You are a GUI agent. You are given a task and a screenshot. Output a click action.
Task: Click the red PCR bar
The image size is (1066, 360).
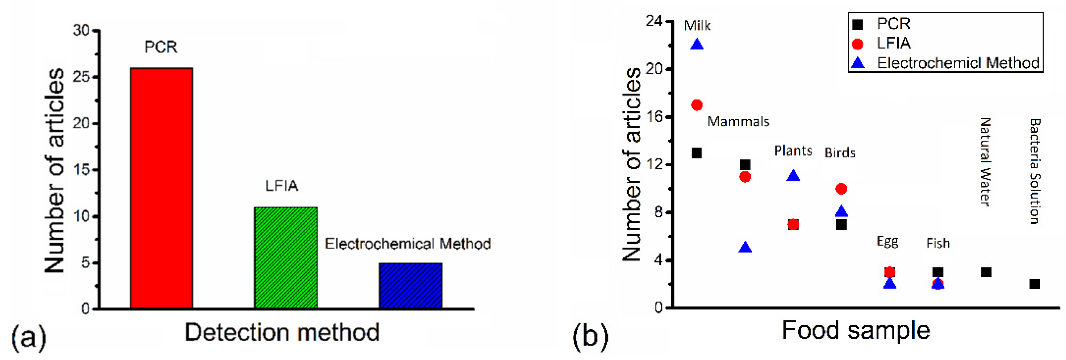pyautogui.click(x=161, y=188)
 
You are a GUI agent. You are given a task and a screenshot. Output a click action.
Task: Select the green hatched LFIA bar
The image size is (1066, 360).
pyautogui.click(x=286, y=257)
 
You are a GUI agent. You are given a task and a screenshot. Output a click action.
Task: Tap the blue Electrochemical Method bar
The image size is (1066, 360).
pyautogui.click(x=410, y=285)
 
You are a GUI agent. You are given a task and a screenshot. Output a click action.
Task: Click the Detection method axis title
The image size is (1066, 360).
pyautogui.click(x=282, y=332)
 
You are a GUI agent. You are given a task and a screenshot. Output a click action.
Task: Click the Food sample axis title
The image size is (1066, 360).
pyautogui.click(x=856, y=330)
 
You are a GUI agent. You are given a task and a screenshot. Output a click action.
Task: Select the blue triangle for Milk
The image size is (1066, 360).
pyautogui.click(x=697, y=44)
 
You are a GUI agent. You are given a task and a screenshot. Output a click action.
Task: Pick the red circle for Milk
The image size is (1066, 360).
pyautogui.click(x=697, y=105)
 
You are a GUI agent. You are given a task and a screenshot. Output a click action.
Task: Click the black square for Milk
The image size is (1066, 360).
pyautogui.click(x=697, y=153)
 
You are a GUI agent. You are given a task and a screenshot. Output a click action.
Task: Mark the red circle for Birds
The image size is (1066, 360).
pyautogui.click(x=841, y=189)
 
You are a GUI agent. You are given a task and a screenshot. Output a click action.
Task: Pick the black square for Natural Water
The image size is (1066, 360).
pyautogui.click(x=986, y=272)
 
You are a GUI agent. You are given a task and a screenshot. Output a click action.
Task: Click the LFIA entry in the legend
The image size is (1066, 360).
pyautogui.click(x=894, y=43)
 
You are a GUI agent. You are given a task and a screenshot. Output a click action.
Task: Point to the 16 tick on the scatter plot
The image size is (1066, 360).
pyautogui.click(x=654, y=117)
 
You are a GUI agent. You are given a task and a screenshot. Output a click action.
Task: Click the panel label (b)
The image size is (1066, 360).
pyautogui.click(x=590, y=335)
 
